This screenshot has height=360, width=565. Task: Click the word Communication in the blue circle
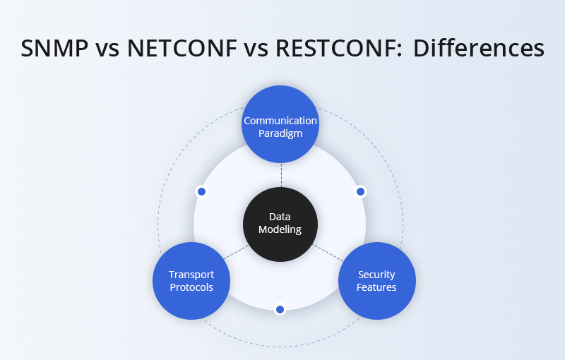coord(280,121)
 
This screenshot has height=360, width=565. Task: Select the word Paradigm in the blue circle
coord(280,133)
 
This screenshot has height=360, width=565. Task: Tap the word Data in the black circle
coord(280,217)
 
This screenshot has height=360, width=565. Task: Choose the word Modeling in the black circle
coord(280,229)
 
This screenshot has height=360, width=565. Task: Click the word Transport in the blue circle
coord(191,275)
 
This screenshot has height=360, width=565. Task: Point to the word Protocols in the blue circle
coord(191,287)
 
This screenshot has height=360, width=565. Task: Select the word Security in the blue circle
coord(376,275)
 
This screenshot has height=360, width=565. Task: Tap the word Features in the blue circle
coord(376,287)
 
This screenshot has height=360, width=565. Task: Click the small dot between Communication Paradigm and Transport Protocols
coord(201,191)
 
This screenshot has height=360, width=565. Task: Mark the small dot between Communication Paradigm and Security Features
coord(360,191)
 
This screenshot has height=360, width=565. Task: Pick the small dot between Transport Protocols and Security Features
coord(280,309)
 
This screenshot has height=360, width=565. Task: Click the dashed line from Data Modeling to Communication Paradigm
coord(280,175)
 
